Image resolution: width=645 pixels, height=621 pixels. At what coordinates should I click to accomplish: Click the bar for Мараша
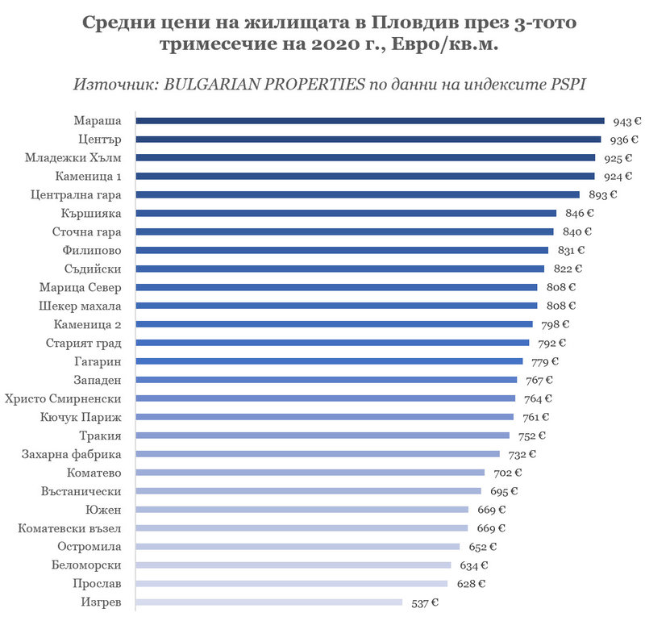(x=369, y=121)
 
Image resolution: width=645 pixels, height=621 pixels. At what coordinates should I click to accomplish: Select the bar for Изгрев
(x=268, y=602)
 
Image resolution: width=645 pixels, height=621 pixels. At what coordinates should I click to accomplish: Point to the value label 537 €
(x=423, y=602)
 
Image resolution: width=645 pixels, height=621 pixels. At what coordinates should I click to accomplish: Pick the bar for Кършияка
(x=346, y=213)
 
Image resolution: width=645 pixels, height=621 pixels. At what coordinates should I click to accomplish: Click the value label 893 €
(x=601, y=194)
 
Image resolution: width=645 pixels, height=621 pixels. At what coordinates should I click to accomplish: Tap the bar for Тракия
(x=322, y=436)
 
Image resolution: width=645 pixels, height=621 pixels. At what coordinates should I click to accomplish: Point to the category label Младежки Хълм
(x=75, y=158)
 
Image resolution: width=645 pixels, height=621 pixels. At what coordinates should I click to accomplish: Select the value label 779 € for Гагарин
(x=543, y=361)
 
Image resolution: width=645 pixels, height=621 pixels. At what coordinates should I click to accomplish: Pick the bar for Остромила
(x=298, y=546)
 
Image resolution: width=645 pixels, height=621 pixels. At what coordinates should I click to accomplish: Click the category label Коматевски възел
(x=69, y=528)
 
